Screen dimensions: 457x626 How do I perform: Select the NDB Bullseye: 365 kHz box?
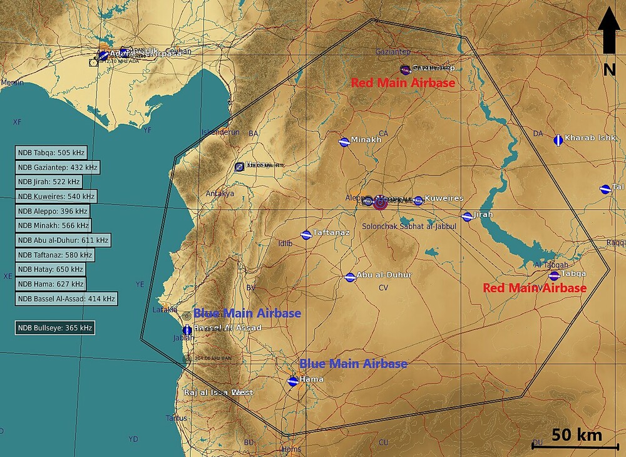coord(55,327)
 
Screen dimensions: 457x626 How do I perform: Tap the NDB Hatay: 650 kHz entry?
coord(51,269)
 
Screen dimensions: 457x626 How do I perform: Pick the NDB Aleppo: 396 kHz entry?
coord(53,211)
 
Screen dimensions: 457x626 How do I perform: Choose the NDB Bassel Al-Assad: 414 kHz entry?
coord(66,299)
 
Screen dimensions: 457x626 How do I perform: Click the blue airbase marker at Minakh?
coord(344,142)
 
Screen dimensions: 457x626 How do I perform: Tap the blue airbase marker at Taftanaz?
coord(306,235)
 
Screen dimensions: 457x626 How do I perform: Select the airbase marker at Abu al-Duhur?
coord(350,277)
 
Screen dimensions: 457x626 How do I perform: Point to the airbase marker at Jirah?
coord(467,217)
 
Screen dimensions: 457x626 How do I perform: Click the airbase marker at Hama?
coord(292,381)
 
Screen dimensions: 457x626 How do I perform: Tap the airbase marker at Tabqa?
coord(554,275)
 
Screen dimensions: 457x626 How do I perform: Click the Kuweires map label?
coord(444,198)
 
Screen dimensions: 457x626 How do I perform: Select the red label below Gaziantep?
coord(403,83)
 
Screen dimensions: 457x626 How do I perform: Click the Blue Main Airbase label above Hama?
coord(353,364)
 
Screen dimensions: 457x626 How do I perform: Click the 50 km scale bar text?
coord(577,435)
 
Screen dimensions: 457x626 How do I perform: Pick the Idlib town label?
coord(284,243)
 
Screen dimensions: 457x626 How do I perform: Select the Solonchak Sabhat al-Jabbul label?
coord(409,225)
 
